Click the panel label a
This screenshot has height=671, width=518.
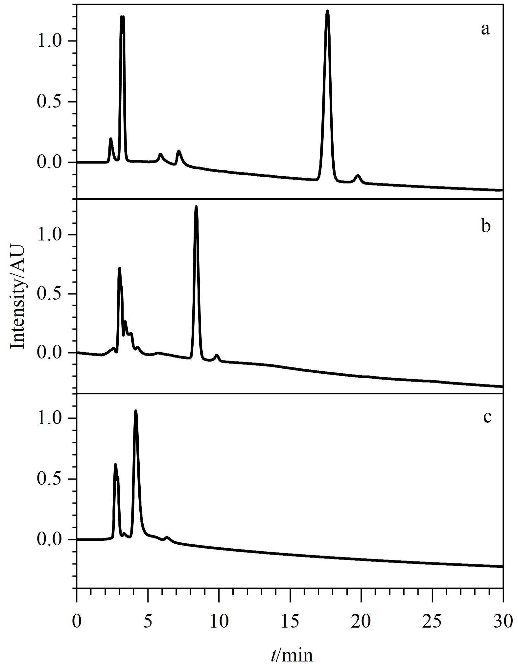pyautogui.click(x=485, y=29)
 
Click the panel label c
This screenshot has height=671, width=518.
pyautogui.click(x=487, y=417)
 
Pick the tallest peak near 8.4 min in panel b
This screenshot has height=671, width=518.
pyautogui.click(x=196, y=207)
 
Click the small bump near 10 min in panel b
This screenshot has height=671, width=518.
pyautogui.click(x=216, y=356)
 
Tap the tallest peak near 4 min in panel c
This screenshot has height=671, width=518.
pyautogui.click(x=135, y=412)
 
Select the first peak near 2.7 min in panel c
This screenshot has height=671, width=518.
pyautogui.click(x=115, y=465)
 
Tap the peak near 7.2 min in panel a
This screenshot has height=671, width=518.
pyautogui.click(x=179, y=152)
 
